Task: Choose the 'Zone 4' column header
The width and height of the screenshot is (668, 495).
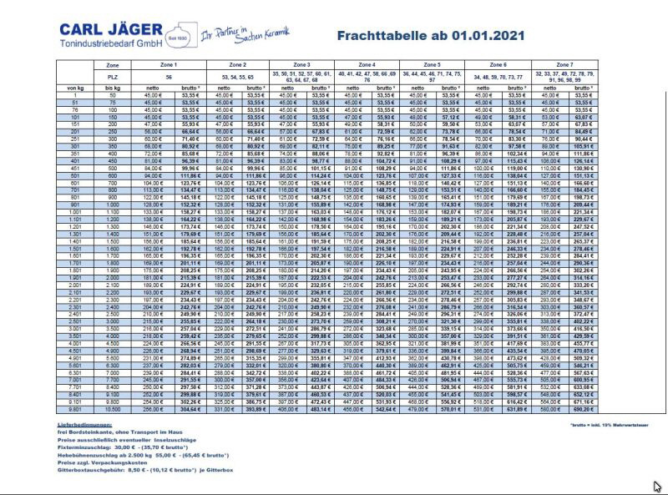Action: pos(367,63)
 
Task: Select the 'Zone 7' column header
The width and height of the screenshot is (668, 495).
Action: pos(564,63)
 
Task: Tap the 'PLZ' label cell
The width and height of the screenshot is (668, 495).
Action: pos(113,76)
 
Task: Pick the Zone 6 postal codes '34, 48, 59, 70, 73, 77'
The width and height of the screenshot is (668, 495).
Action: pos(498,76)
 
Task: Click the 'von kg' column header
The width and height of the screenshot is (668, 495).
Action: pos(76,87)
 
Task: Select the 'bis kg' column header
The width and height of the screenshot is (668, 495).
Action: pos(113,87)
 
